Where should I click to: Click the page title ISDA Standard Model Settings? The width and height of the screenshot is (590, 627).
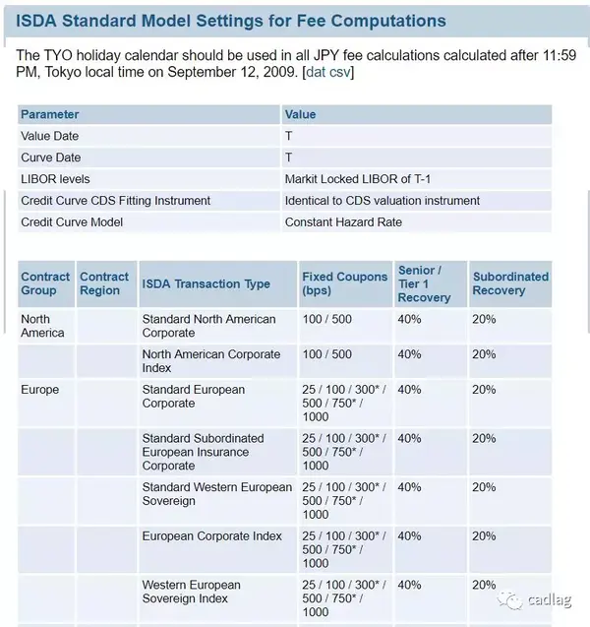[231, 20]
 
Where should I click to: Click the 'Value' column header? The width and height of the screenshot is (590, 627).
[300, 114]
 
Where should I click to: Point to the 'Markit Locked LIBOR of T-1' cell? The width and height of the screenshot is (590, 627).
[357, 179]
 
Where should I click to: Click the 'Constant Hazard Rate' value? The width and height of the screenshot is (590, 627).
[343, 222]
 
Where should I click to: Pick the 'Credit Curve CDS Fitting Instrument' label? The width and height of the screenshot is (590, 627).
[115, 201]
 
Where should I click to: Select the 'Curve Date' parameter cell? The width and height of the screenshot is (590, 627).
[51, 157]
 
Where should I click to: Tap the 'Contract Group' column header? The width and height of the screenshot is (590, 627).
[45, 283]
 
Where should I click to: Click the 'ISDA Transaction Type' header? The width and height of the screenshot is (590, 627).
[206, 283]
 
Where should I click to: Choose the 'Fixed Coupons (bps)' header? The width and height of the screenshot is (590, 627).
[344, 283]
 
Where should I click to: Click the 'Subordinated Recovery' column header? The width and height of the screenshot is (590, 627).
[510, 283]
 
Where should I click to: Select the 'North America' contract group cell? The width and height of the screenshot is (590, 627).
[42, 326]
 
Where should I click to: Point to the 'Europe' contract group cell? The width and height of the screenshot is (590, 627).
[39, 390]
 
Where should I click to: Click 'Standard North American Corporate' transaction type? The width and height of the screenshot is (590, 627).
[209, 326]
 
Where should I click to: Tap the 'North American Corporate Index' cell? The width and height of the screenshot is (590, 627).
[210, 361]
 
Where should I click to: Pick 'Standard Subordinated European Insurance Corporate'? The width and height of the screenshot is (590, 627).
[203, 452]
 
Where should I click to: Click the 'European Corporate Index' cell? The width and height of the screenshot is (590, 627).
[211, 536]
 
